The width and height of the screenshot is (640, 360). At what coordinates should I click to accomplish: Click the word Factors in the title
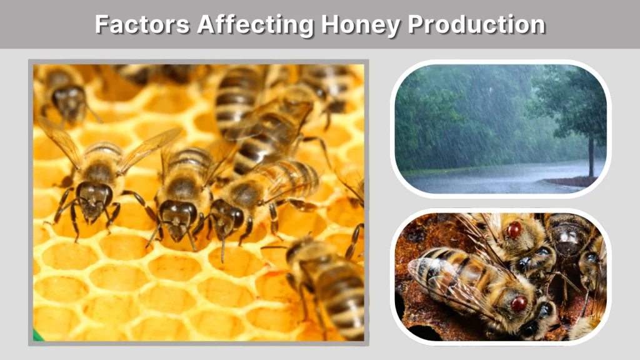[x=142, y=24]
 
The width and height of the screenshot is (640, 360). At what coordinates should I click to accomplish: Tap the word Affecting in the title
[x=255, y=24]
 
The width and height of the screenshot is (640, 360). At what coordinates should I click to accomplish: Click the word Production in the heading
[x=476, y=24]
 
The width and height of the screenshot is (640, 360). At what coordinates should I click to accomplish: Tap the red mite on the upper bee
[x=514, y=230]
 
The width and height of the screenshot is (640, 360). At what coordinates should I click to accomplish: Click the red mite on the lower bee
[x=519, y=304]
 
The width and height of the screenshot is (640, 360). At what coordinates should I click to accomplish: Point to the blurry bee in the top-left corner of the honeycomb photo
[x=66, y=94]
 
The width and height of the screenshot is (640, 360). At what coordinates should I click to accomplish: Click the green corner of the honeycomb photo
[x=37, y=336]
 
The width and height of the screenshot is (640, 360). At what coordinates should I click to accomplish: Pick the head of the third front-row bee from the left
[x=225, y=216]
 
